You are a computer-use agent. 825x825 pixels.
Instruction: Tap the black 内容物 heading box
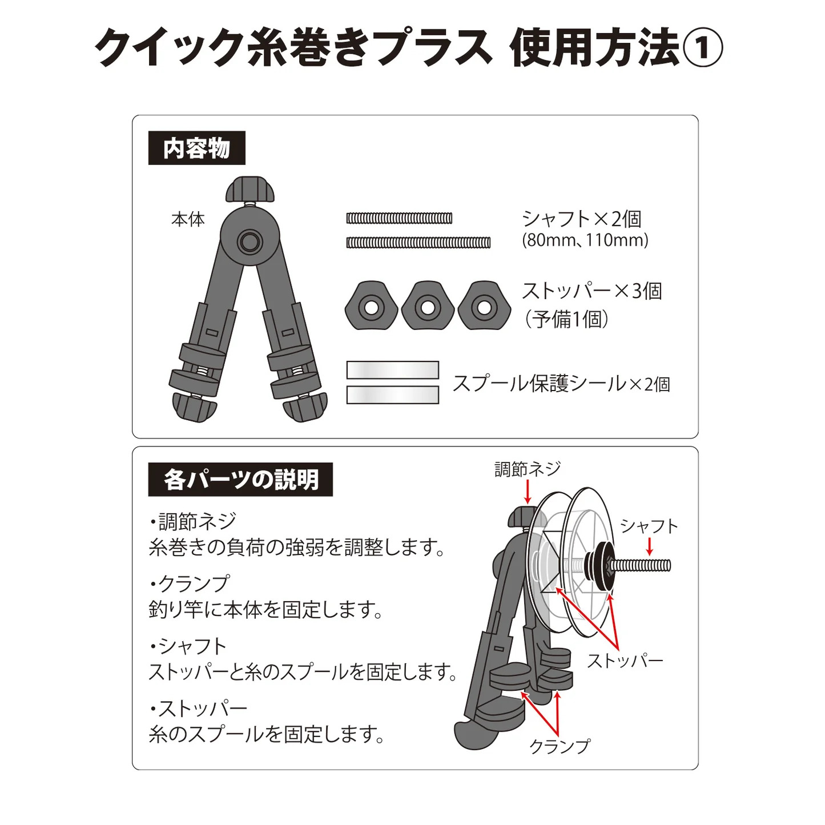coord(196,148)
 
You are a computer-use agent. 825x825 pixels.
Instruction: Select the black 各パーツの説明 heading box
coord(240,479)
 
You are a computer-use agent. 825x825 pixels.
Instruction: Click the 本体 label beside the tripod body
coord(188,219)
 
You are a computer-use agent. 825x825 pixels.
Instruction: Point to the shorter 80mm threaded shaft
coord(399,218)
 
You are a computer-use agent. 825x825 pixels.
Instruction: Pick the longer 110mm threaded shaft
coord(418,243)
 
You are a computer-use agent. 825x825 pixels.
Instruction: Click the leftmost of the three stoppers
coord(371,305)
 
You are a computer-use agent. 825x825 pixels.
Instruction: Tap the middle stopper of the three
coord(428,305)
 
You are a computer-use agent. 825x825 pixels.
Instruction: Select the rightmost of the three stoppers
coord(484,305)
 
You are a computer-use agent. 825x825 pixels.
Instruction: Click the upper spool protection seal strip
coord(393,370)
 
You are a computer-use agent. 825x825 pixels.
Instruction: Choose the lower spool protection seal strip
coord(393,395)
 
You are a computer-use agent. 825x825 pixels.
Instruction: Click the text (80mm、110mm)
coord(585,240)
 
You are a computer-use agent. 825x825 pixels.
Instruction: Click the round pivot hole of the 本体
coord(250,242)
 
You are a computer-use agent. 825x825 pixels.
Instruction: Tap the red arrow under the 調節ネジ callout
coord(528,492)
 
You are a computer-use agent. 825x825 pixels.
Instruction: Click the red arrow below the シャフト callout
coord(650,546)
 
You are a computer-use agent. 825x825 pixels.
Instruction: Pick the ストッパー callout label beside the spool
coord(625,662)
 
